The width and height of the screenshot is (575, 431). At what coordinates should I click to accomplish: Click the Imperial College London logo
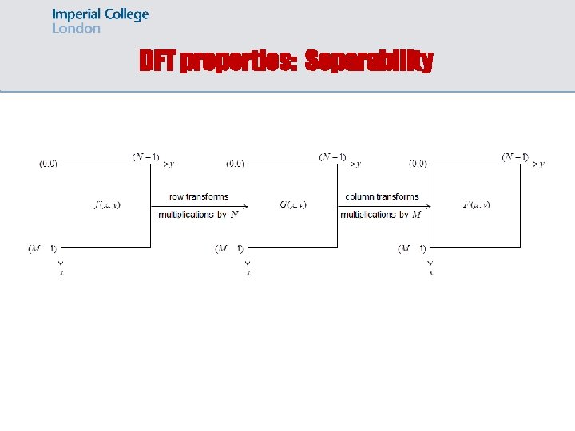tap(100, 21)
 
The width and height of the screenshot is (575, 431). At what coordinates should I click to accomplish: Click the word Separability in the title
tap(369, 61)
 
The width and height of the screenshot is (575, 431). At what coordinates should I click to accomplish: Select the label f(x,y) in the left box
tap(107, 205)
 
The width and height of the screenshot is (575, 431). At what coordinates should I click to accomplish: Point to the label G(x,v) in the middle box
tap(293, 205)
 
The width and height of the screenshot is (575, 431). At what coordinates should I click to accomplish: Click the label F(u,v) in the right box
tap(476, 205)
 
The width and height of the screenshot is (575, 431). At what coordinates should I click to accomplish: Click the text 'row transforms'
tap(199, 196)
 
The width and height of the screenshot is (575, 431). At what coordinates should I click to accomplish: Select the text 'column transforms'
tap(382, 196)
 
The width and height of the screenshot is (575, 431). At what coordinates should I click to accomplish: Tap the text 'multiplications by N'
tap(199, 215)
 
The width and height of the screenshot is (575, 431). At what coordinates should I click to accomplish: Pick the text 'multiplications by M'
tap(381, 215)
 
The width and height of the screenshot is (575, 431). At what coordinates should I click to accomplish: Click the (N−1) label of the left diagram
tap(145, 157)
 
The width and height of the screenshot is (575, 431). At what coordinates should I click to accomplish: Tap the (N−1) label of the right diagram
tap(515, 157)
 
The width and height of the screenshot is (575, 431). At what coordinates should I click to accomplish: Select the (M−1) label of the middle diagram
tap(229, 249)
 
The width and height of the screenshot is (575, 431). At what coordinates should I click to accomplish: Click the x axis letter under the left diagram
tap(61, 272)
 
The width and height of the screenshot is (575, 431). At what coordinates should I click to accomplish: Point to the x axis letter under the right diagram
tap(431, 272)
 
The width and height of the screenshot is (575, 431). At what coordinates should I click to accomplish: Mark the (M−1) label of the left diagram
tap(42, 249)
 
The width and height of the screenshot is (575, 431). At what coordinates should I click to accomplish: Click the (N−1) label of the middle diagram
tap(332, 157)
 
